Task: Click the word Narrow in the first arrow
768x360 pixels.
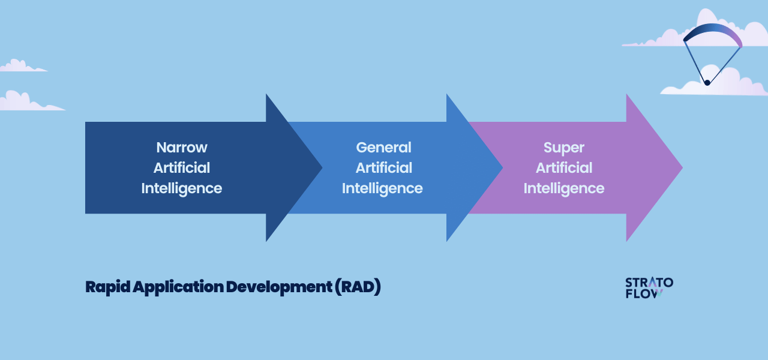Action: click(182, 148)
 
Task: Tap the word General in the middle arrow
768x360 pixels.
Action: click(383, 148)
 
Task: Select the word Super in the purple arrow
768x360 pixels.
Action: click(563, 148)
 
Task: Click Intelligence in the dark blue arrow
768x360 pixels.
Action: click(182, 188)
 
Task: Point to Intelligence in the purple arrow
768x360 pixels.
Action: click(563, 188)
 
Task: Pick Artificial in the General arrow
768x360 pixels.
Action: click(383, 167)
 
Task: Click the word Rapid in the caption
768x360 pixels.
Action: click(107, 287)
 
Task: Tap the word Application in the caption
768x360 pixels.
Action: click(178, 287)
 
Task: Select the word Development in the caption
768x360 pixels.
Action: click(279, 287)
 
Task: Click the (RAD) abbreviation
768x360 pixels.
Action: click(358, 287)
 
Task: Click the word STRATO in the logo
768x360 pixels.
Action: click(649, 283)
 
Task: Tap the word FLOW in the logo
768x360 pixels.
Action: click(644, 294)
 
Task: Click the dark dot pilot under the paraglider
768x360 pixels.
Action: click(707, 83)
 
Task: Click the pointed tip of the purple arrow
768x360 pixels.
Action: click(683, 167)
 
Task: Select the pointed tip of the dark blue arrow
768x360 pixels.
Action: click(322, 167)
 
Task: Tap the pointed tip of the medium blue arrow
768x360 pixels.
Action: click(503, 167)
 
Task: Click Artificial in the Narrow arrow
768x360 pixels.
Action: click(182, 167)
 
